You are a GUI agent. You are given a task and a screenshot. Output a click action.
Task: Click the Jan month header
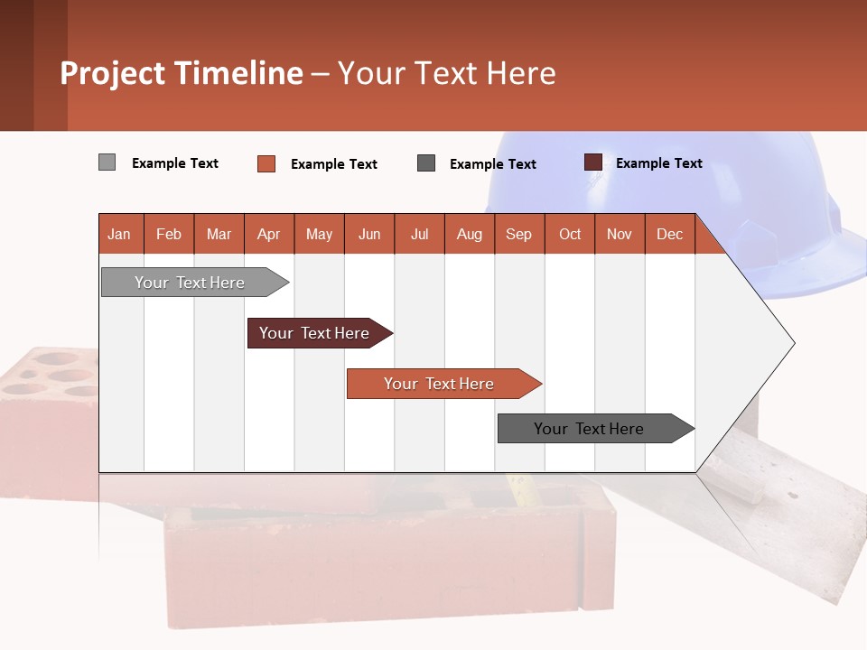pyautogui.click(x=119, y=234)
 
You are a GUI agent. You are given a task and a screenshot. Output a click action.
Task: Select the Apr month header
pyautogui.click(x=269, y=234)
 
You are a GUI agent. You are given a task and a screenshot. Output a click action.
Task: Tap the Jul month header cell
pyautogui.click(x=419, y=234)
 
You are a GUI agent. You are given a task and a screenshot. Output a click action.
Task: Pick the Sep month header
pyautogui.click(x=518, y=234)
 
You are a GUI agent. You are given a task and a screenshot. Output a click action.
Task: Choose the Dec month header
pyautogui.click(x=669, y=234)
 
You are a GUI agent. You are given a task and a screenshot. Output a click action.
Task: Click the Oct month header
pyautogui.click(x=570, y=234)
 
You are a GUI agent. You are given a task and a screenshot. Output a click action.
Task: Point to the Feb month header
pyautogui.click(x=169, y=234)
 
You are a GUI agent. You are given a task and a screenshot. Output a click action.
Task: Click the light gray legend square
pyautogui.click(x=107, y=162)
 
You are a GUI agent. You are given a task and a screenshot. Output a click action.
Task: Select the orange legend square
pyautogui.click(x=266, y=163)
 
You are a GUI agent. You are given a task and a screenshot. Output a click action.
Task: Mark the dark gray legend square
pyautogui.click(x=426, y=163)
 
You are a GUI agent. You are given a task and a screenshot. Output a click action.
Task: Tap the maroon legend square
pyautogui.click(x=593, y=162)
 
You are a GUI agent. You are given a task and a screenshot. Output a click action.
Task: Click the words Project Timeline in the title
pyautogui.click(x=181, y=73)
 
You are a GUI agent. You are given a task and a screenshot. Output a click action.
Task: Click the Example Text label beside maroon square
pyautogui.click(x=658, y=163)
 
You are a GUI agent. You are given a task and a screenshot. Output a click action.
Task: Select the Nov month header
pyautogui.click(x=620, y=234)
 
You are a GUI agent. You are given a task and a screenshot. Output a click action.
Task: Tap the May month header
pyautogui.click(x=319, y=234)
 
